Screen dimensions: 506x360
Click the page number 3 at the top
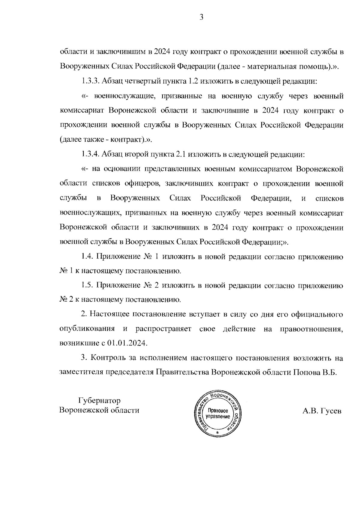201,17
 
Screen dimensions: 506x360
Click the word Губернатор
99,401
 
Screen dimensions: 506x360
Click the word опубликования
87,329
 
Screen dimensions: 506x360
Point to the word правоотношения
311,329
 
